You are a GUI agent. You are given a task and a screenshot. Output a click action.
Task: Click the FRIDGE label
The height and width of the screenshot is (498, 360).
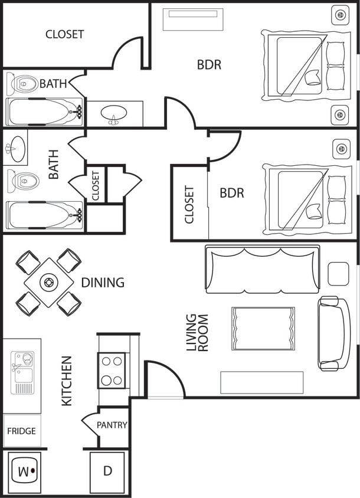coord(21,431)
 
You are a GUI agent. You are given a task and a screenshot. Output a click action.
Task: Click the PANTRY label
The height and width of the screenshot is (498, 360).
coord(112,425)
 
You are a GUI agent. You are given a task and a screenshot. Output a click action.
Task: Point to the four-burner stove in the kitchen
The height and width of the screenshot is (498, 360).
coord(112,370)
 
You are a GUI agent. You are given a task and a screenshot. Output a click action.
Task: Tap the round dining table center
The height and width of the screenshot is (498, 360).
coord(48,282)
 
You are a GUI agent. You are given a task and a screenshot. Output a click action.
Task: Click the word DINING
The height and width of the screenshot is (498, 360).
coord(103,283)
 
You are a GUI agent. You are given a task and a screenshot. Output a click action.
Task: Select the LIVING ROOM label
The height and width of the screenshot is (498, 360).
coord(197,333)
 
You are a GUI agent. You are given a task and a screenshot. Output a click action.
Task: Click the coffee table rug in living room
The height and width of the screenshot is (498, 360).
coord(263,328)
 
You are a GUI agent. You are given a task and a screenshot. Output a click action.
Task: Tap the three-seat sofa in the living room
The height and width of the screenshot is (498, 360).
coord(262,268)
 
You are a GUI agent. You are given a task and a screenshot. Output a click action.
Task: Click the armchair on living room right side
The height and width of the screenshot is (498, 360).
coord(333,333)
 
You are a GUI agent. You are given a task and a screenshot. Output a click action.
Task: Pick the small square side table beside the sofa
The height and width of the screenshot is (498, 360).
coord(338,273)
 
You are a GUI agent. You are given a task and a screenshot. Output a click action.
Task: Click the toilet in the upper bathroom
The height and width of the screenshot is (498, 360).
coord(21,84)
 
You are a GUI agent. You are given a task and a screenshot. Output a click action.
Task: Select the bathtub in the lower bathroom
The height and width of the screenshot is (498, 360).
coord(44,215)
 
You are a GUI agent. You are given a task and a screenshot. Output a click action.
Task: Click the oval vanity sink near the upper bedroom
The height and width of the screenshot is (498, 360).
coord(113,113)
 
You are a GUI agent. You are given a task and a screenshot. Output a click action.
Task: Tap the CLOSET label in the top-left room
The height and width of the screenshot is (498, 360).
coord(64,34)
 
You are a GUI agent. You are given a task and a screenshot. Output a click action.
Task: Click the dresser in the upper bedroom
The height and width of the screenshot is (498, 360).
coord(193,19)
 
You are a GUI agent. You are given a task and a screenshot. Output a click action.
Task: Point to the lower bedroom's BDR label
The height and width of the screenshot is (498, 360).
coord(232,193)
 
